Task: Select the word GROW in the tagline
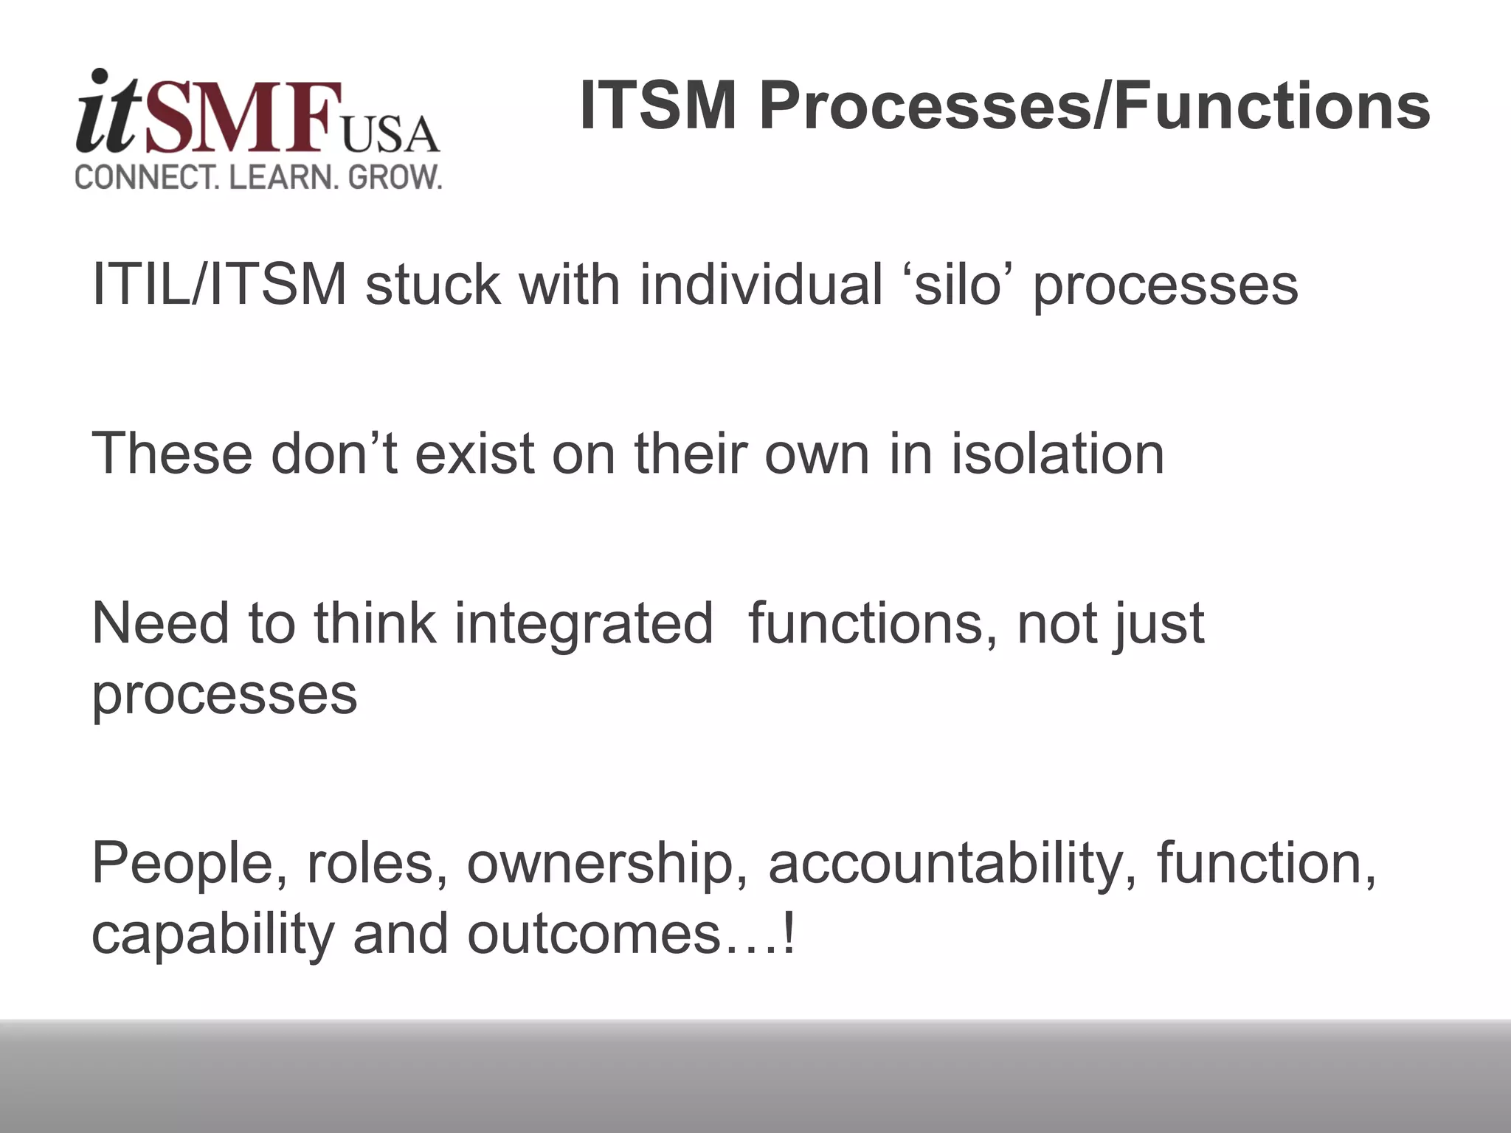point(394,178)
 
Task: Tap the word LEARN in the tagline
point(283,178)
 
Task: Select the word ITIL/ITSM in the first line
point(218,285)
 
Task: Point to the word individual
point(761,285)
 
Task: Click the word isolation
point(1057,453)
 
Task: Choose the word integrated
point(584,624)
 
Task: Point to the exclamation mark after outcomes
point(789,934)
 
